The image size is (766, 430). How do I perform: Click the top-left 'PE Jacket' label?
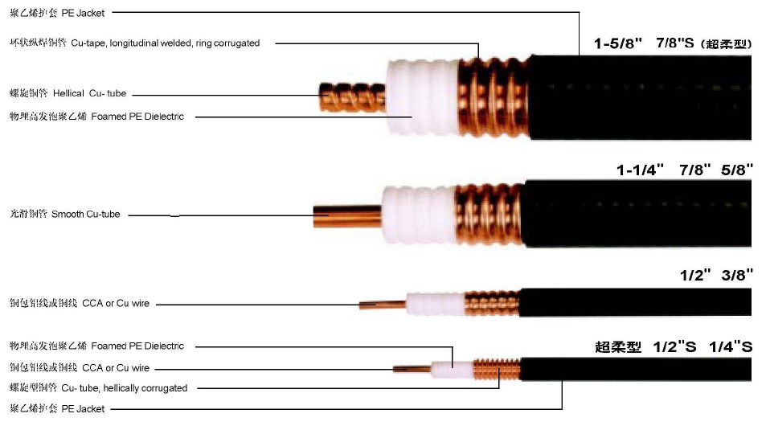(83, 13)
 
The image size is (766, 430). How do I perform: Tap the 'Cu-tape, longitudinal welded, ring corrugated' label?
(165, 43)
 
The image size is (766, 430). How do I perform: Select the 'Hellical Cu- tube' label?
(89, 93)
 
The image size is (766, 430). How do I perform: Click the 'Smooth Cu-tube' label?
(85, 214)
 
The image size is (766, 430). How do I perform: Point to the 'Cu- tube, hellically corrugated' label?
(124, 388)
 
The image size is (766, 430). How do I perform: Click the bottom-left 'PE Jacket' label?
(83, 408)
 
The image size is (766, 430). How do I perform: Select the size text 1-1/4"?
(640, 170)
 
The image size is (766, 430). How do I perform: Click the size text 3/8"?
(738, 275)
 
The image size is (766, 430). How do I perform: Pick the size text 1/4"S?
(731, 347)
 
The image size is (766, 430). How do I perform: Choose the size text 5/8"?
(737, 170)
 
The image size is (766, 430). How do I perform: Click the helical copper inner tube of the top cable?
(353, 97)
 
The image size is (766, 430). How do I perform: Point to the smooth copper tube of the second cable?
(347, 216)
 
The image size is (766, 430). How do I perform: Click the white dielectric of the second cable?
(419, 215)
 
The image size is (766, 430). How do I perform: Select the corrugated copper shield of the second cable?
(490, 215)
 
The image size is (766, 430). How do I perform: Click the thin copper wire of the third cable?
(383, 305)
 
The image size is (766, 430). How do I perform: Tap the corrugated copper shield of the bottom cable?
(498, 369)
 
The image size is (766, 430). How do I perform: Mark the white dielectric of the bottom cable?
(453, 370)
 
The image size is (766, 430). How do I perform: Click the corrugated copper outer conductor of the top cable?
(494, 97)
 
